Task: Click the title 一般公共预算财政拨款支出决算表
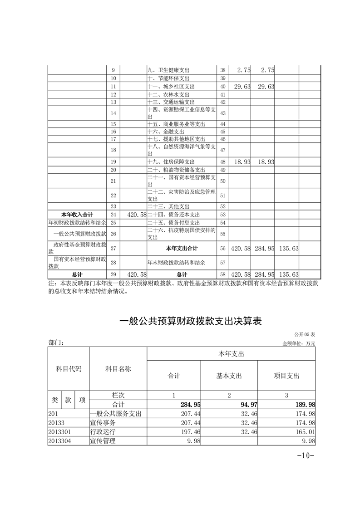[x=191, y=321]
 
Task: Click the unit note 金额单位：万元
[x=298, y=343]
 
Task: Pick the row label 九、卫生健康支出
[x=168, y=70]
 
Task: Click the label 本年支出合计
[x=182, y=249]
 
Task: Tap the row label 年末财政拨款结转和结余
[x=177, y=262]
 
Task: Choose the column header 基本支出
[x=229, y=376]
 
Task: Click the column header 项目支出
[x=286, y=376]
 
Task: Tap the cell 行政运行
[x=103, y=431]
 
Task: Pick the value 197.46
[x=190, y=431]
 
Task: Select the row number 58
[x=222, y=274]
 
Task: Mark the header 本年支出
[x=231, y=354]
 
